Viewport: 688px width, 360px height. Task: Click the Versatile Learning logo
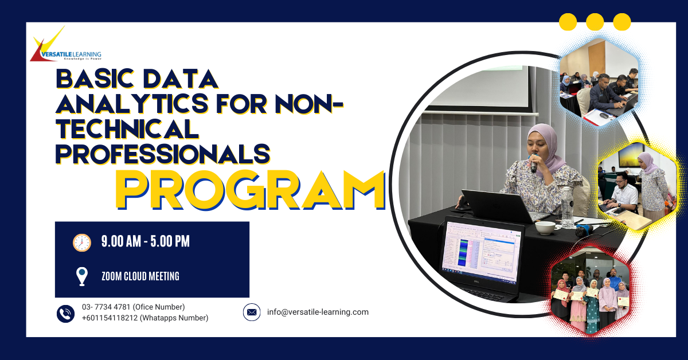[x=66, y=44]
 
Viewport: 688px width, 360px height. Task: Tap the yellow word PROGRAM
[x=250, y=190]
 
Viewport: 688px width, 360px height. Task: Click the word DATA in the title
[x=181, y=79]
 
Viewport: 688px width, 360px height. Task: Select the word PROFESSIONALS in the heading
[x=163, y=154]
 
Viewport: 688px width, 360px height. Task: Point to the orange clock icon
[x=81, y=242]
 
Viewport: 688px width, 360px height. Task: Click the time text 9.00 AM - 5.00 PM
[x=146, y=241]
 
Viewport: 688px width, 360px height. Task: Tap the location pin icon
[x=81, y=276]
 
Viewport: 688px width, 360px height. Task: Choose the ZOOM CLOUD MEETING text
[x=140, y=276]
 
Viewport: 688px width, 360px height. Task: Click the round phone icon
[x=65, y=314]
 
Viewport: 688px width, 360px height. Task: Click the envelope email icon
[x=252, y=312]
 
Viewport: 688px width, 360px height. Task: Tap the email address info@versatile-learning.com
[x=318, y=312]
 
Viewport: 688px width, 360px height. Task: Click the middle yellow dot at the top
[x=595, y=22]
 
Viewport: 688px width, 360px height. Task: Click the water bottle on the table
[x=567, y=208]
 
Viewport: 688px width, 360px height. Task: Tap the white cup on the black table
[x=545, y=228]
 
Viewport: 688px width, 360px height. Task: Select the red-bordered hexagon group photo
[x=590, y=291]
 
